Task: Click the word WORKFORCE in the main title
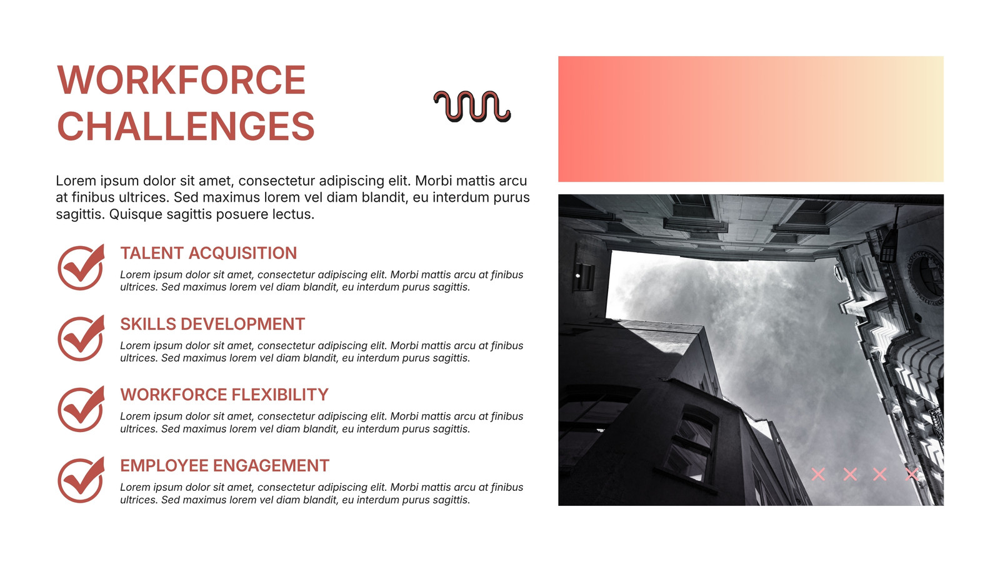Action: (181, 80)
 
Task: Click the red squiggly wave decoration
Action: (472, 106)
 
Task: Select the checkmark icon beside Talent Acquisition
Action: (81, 267)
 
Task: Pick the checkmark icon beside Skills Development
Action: (81, 338)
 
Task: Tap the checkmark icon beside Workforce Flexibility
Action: (81, 408)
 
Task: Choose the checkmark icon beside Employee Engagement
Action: (81, 480)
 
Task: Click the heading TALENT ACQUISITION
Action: (209, 253)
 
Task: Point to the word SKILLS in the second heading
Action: (148, 324)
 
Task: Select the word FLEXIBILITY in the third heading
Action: (280, 395)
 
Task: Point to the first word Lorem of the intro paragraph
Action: (76, 180)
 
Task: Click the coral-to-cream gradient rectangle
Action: (751, 119)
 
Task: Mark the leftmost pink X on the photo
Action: (818, 474)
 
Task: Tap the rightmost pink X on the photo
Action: (912, 474)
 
